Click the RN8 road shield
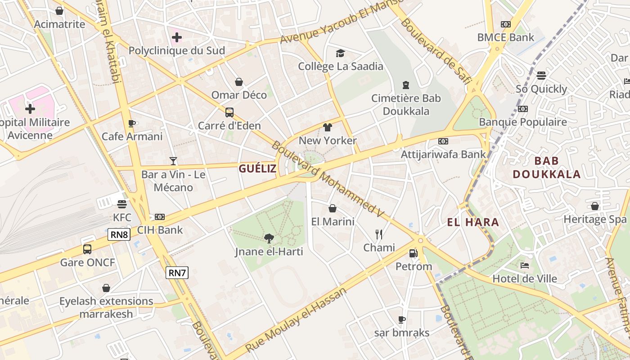click(119, 234)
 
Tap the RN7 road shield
click(177, 272)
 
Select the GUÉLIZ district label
click(258, 169)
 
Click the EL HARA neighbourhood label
click(473, 222)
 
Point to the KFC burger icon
click(121, 204)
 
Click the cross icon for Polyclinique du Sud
click(176, 37)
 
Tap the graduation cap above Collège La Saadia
click(340, 53)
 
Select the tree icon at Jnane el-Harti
click(269, 238)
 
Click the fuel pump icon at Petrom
click(413, 253)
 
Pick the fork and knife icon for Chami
click(379, 234)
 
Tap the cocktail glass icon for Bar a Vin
click(173, 161)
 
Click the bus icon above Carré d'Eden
click(229, 112)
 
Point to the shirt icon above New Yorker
click(328, 127)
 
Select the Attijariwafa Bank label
click(443, 154)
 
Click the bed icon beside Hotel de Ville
click(524, 265)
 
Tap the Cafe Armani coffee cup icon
click(132, 123)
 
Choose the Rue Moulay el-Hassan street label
click(297, 319)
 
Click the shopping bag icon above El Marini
click(333, 208)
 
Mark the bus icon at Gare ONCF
click(87, 249)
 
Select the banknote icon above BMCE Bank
click(506, 24)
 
